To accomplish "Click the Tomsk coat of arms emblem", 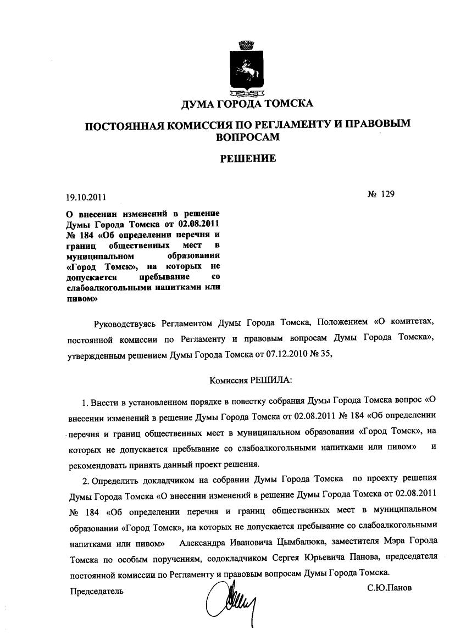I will pyautogui.click(x=247, y=67).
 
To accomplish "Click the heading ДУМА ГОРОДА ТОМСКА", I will pyautogui.click(x=247, y=104).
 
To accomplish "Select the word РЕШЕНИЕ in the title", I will pyautogui.click(x=248, y=159).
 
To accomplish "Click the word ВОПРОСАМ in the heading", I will pyautogui.click(x=247, y=137).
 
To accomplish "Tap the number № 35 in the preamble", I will pyautogui.click(x=321, y=354).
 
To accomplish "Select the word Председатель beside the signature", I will pyautogui.click(x=97, y=591).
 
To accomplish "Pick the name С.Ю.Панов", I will pyautogui.click(x=389, y=588).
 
